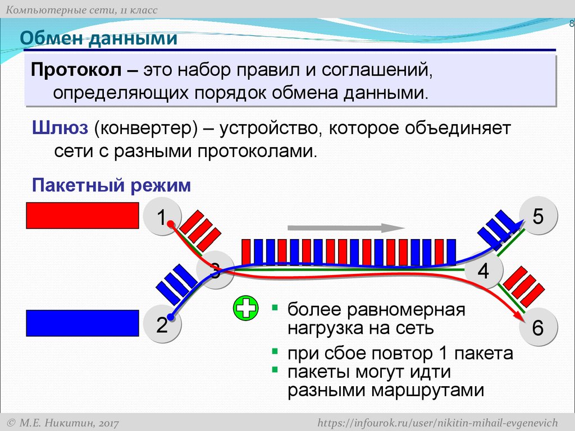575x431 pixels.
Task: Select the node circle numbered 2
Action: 162,325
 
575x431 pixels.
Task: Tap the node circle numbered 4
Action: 483,272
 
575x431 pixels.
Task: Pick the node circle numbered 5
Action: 538,217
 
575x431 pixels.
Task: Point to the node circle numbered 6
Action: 538,328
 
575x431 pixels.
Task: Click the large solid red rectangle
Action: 83,215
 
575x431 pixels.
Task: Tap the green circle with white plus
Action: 245,309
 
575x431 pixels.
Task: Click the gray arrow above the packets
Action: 346,228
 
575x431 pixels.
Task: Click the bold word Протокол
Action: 76,71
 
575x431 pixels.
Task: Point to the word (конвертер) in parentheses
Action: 145,129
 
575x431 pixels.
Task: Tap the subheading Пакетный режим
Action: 112,185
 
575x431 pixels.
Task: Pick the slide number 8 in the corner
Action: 571,24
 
